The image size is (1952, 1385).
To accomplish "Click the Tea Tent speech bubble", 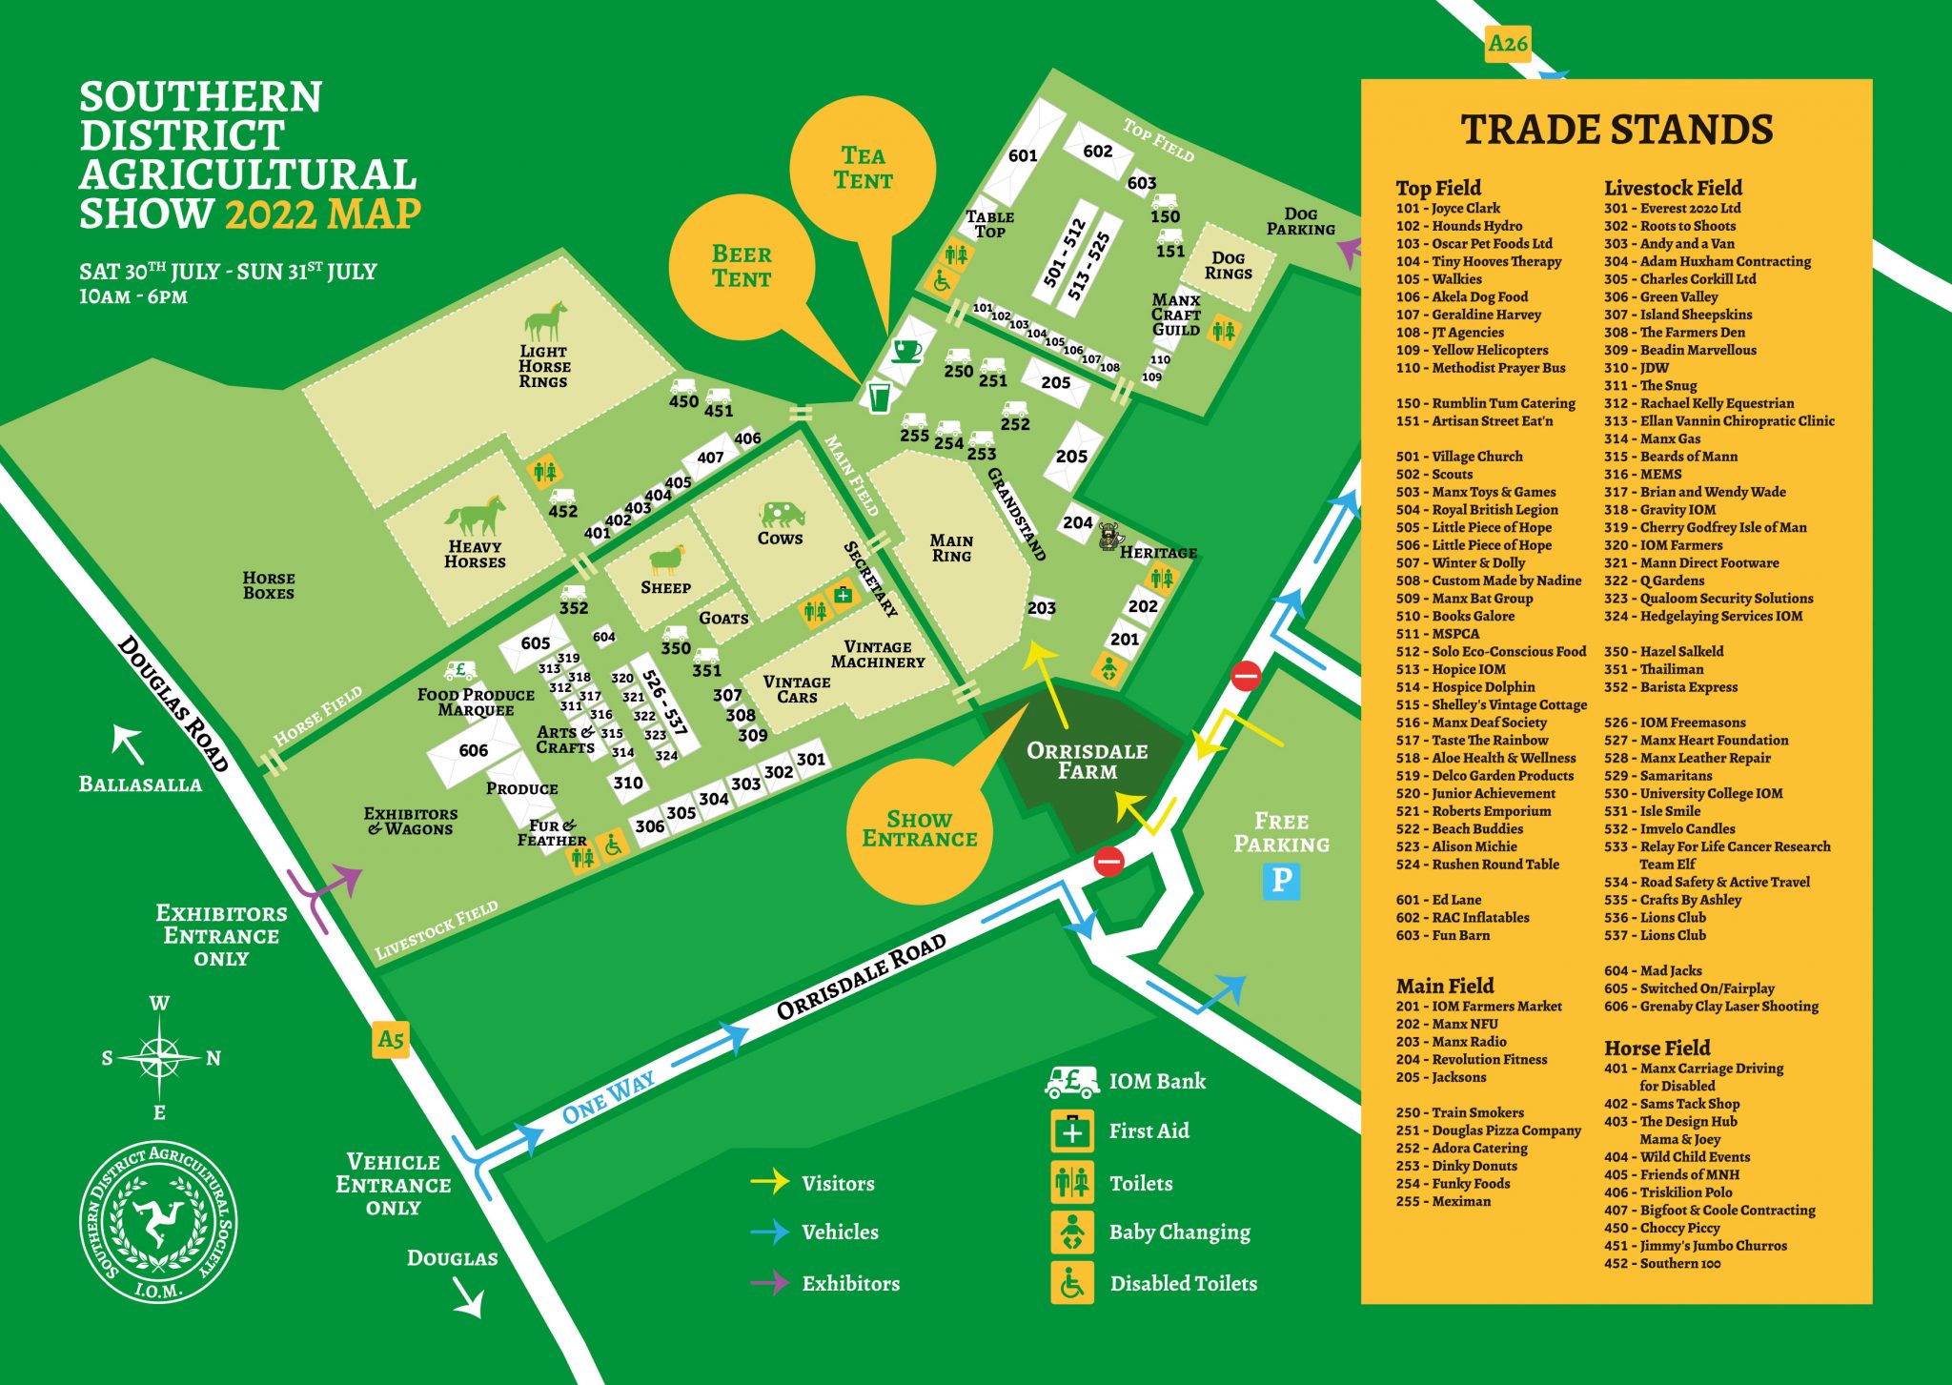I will click(x=863, y=169).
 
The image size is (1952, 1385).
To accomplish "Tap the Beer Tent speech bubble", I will click(x=742, y=267).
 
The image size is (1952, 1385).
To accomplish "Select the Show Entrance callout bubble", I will click(x=919, y=830).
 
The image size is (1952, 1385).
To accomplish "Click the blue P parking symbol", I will click(x=1282, y=880).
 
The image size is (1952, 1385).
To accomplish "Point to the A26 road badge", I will click(x=1508, y=44).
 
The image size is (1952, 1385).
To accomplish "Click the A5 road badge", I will click(x=391, y=1039).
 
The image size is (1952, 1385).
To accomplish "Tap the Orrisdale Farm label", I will click(x=1087, y=761).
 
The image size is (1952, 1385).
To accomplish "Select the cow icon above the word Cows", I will click(x=783, y=515).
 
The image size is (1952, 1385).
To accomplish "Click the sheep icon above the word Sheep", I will click(x=666, y=560).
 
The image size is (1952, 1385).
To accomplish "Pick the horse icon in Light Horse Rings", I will click(x=545, y=321).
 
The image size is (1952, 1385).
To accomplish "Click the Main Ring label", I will click(x=951, y=548).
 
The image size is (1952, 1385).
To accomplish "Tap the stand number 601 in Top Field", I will click(x=1022, y=155).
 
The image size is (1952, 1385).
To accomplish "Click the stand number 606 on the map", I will click(x=473, y=750).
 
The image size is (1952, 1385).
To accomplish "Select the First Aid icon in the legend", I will click(x=1072, y=1131).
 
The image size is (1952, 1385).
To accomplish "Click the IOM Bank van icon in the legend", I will click(x=1072, y=1081).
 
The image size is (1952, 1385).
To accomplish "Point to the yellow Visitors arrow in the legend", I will click(x=769, y=1182).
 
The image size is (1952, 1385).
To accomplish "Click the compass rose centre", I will click(x=160, y=1057).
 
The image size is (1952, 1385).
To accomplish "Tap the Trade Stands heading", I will click(x=1616, y=130).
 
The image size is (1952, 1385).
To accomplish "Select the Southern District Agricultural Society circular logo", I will click(x=158, y=1223).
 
